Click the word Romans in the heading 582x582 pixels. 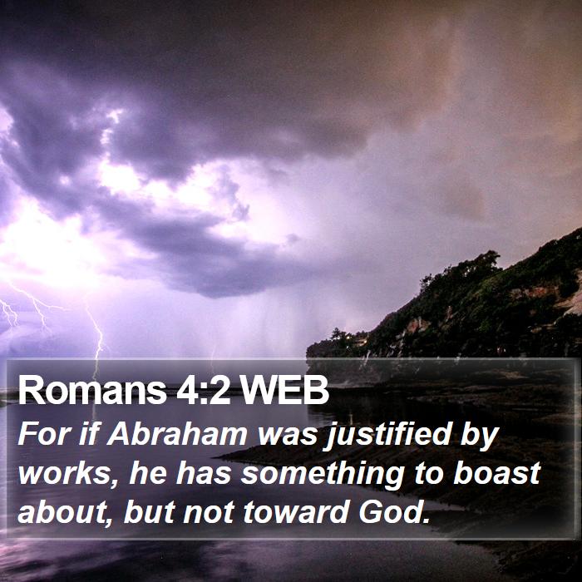pyautogui.click(x=92, y=390)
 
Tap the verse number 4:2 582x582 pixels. pyautogui.click(x=204, y=390)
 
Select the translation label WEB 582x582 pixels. pyautogui.click(x=284, y=390)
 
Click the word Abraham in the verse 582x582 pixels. pyautogui.click(x=177, y=433)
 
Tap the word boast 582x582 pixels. pyautogui.click(x=496, y=473)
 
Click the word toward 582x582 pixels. pyautogui.click(x=296, y=511)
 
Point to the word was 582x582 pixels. pyautogui.click(x=288, y=437)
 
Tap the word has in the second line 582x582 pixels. pyautogui.click(x=204, y=473)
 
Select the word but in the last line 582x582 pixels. pyautogui.click(x=149, y=511)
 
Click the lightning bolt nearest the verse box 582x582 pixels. pyautogui.click(x=97, y=336)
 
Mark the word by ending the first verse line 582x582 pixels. pyautogui.click(x=479, y=436)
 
